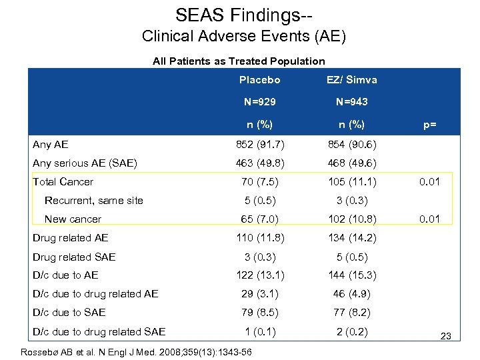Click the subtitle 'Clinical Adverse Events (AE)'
tap(244, 37)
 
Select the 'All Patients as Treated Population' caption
tap(239, 61)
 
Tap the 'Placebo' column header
tap(259, 80)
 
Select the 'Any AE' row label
tap(51, 144)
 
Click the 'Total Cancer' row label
tap(63, 181)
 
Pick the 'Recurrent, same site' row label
tap(93, 201)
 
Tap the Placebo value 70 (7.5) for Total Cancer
tap(259, 182)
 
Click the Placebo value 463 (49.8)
tap(259, 163)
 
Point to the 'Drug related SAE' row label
tap(74, 257)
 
